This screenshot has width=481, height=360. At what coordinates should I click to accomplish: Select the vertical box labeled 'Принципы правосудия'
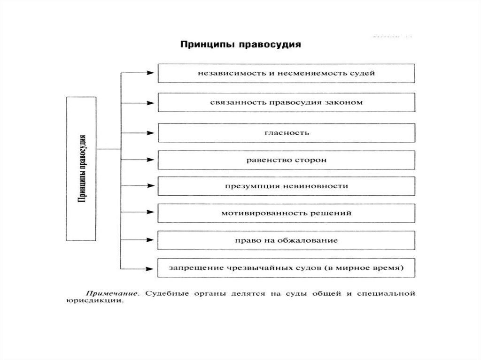[x=82, y=169]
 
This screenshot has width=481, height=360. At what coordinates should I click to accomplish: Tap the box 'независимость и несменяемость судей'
[x=287, y=73]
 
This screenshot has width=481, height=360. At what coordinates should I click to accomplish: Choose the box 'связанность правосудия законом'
[x=287, y=102]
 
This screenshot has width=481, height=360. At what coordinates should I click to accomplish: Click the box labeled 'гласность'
[x=287, y=132]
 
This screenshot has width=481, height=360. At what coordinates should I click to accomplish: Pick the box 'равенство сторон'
[x=287, y=160]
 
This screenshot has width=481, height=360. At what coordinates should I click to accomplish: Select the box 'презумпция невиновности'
[x=287, y=186]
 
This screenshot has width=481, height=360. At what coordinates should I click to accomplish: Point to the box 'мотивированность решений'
[x=287, y=213]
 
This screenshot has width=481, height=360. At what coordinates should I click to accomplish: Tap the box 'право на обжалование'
[x=287, y=240]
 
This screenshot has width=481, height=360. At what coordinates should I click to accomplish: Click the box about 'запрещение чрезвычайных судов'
[x=287, y=268]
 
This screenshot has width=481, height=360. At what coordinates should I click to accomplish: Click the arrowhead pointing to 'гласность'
[x=150, y=132]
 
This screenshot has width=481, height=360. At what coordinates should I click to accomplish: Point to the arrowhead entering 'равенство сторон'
[x=150, y=160]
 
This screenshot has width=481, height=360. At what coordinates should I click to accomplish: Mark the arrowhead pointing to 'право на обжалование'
[x=150, y=240]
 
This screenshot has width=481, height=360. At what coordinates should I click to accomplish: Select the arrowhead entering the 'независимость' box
[x=150, y=73]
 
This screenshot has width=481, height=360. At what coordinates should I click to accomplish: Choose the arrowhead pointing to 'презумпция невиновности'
[x=150, y=186]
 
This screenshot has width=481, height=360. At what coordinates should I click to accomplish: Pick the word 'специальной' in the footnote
[x=388, y=294]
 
